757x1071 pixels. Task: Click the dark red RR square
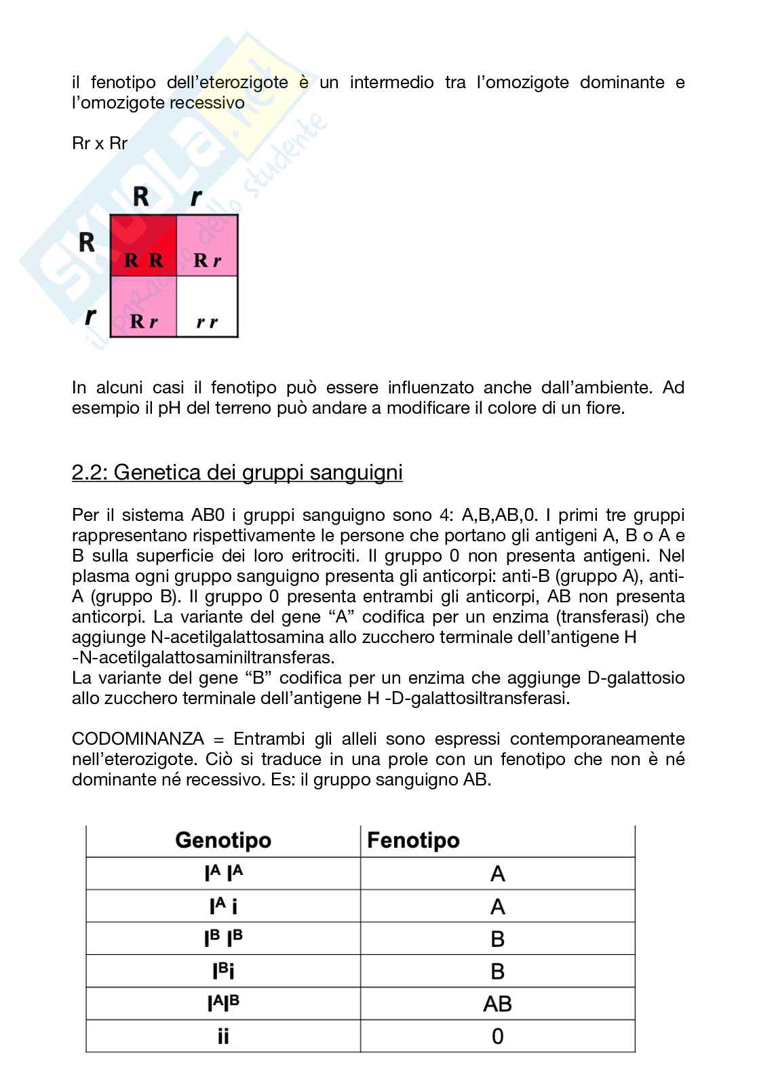144,246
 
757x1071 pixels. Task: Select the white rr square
208,307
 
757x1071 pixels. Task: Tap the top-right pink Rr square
208,246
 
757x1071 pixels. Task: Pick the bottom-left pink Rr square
144,307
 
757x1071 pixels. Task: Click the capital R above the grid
140,196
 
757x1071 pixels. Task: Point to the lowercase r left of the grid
89,315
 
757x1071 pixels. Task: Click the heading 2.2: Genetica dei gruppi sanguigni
237,472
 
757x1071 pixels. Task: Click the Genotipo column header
223,840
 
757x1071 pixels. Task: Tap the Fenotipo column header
413,840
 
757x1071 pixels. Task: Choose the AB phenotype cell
497,1004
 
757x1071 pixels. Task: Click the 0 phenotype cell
497,1036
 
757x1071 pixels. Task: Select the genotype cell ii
223,1036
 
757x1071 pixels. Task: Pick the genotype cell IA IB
223,1004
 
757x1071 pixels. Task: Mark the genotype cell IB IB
223,939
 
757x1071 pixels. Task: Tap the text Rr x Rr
100,143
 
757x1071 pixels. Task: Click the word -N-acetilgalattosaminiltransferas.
203,657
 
